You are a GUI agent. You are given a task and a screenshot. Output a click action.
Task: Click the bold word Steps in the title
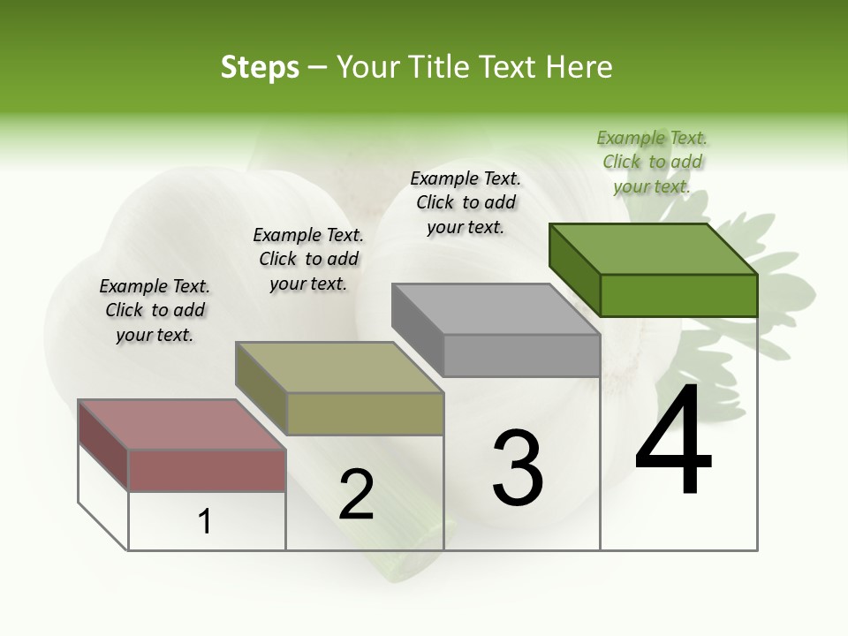pos(260,67)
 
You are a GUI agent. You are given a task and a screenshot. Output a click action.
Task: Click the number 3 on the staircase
pos(518,467)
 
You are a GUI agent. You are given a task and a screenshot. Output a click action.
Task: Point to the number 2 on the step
pos(356,495)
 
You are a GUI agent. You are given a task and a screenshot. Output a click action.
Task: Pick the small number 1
pos(205,522)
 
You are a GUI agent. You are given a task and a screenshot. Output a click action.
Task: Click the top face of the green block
pos(653,248)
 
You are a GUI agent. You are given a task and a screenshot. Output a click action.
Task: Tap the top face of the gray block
pos(496,308)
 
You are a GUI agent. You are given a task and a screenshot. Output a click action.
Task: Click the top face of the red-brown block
pos(182,424)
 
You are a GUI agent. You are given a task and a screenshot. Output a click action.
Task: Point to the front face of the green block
pos(678,295)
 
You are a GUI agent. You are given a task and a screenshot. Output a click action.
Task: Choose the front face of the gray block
pos(521,356)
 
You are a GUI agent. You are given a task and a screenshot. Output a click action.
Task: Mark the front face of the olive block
pos(365,413)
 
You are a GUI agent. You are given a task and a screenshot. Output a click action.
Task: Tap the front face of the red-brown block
pos(207,470)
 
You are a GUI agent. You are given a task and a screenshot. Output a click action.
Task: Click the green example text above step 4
pos(652,162)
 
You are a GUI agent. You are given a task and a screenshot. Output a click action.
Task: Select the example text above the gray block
pos(466,202)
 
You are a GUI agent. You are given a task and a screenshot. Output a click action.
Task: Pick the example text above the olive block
pos(308,259)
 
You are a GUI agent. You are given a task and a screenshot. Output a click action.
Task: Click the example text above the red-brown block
pos(155,310)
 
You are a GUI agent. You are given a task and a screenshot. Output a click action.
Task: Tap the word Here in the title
pos(580,67)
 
